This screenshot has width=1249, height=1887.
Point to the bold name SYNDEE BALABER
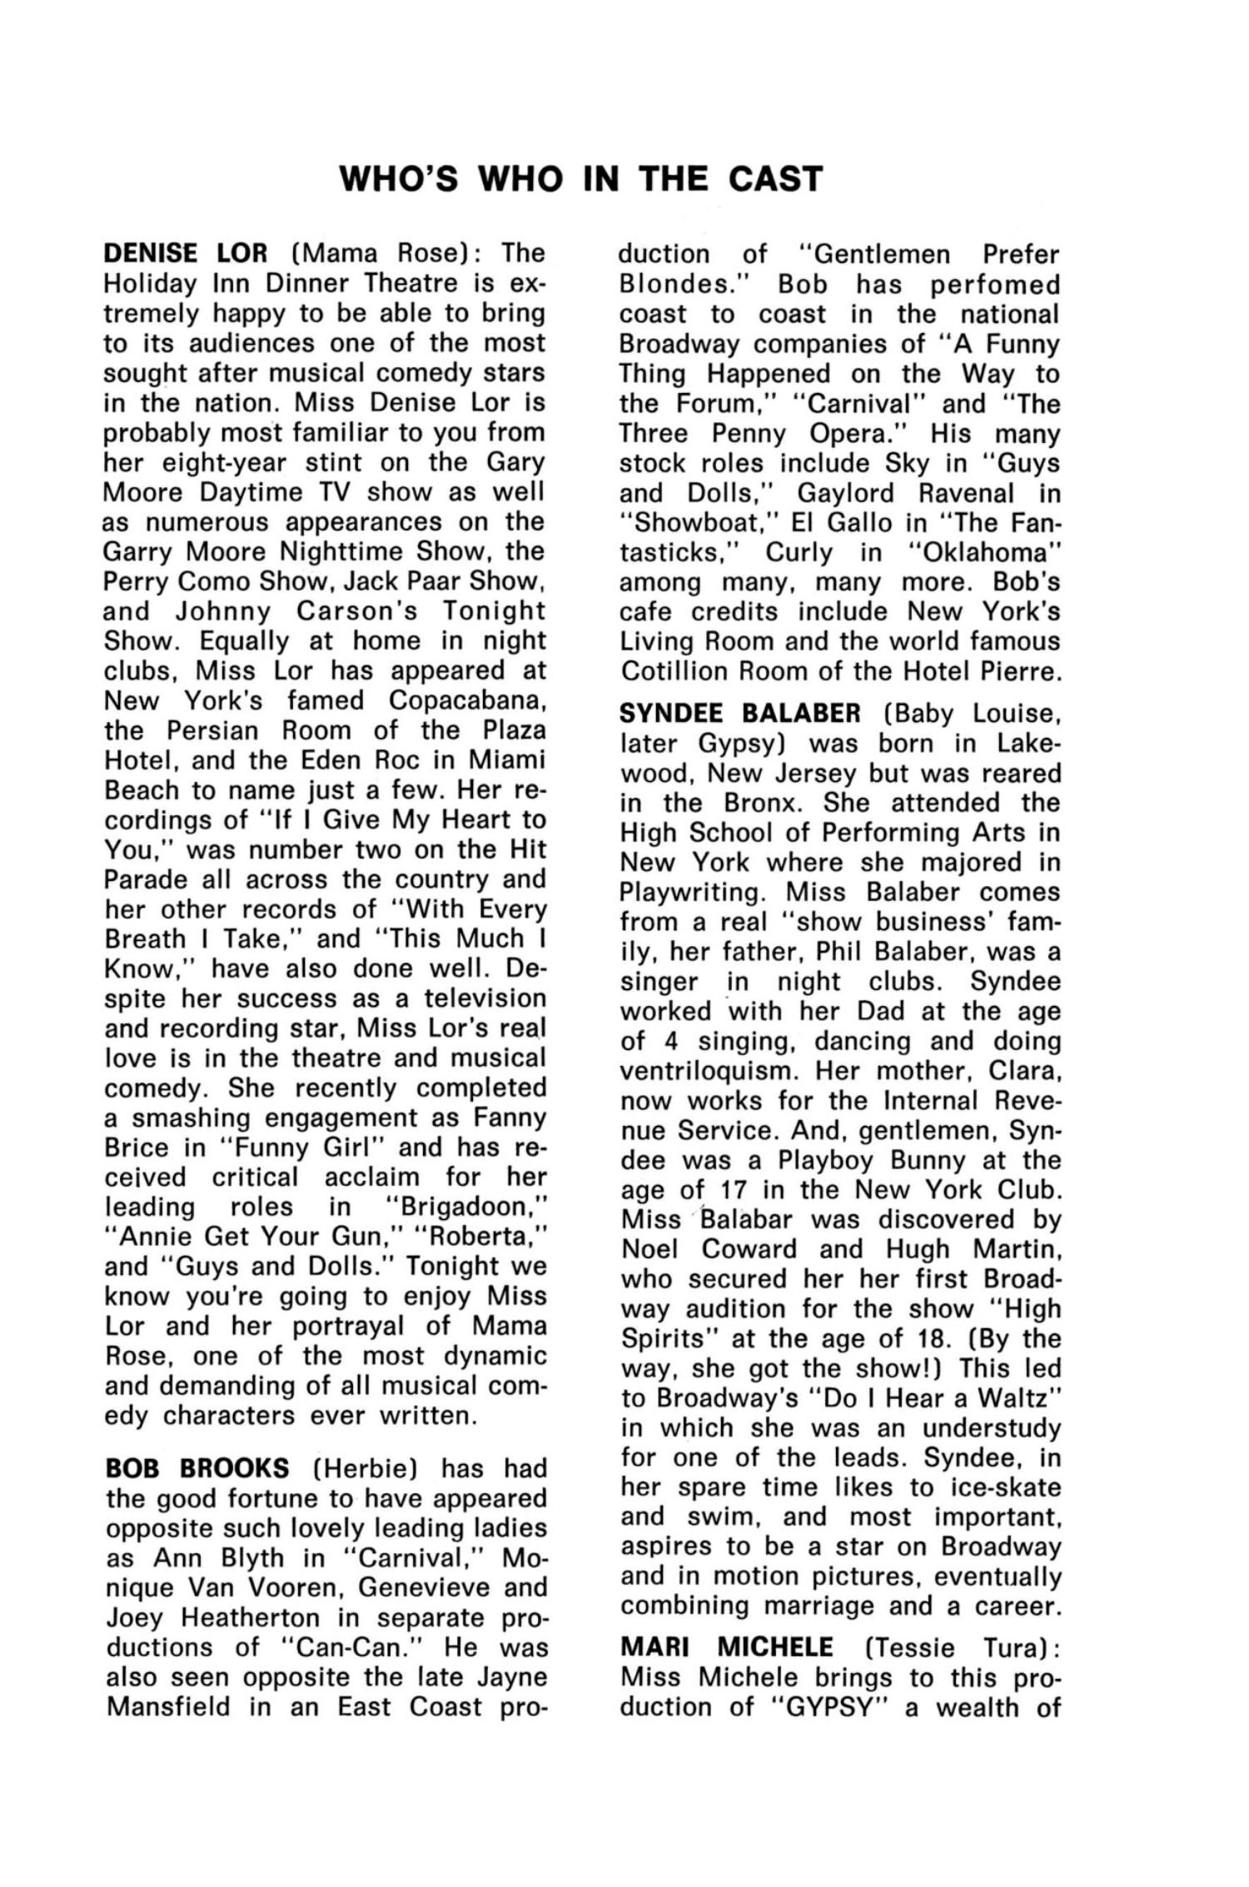click(x=740, y=714)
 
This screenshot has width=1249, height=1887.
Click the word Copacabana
click(x=467, y=700)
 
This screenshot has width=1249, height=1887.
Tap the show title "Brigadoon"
click(x=468, y=1207)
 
